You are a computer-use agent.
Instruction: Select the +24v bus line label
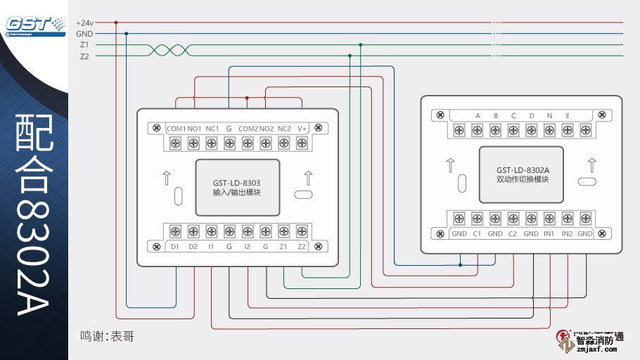tap(84, 22)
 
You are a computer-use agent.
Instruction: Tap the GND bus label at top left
tap(84, 34)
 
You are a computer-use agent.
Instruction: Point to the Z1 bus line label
tap(84, 45)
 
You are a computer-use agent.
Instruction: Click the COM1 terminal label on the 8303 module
tap(176, 129)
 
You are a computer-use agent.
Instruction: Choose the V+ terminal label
tap(302, 129)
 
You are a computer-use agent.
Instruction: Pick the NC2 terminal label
tap(284, 129)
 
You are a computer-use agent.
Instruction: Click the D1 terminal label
tap(174, 246)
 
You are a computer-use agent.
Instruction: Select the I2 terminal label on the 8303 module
tap(248, 246)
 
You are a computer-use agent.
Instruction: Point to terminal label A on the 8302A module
tap(478, 116)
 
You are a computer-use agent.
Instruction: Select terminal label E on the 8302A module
tap(568, 116)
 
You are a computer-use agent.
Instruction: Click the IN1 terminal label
tap(549, 233)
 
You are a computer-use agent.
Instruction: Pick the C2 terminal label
tap(513, 233)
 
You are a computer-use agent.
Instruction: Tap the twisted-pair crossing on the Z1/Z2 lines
tap(169, 50)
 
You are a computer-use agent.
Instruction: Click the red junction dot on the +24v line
tap(115, 22)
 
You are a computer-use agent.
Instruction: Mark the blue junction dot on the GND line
tap(126, 34)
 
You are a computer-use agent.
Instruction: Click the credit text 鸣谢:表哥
tap(107, 337)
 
